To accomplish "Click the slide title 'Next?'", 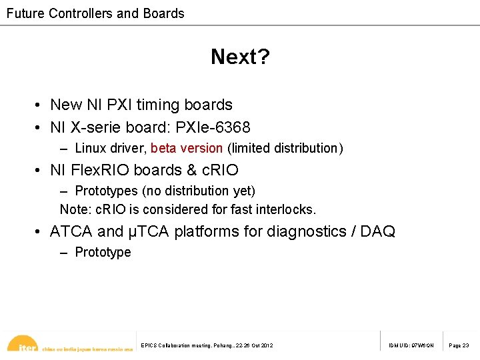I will [240, 57].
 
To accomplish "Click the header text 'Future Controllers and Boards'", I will [95, 13].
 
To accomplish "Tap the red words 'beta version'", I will [187, 148].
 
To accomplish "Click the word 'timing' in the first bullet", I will [158, 105].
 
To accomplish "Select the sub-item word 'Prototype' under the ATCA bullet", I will [103, 253].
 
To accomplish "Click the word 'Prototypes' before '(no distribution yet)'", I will [105, 191].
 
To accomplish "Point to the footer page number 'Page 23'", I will [459, 345].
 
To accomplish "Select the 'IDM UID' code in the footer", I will [411, 345].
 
